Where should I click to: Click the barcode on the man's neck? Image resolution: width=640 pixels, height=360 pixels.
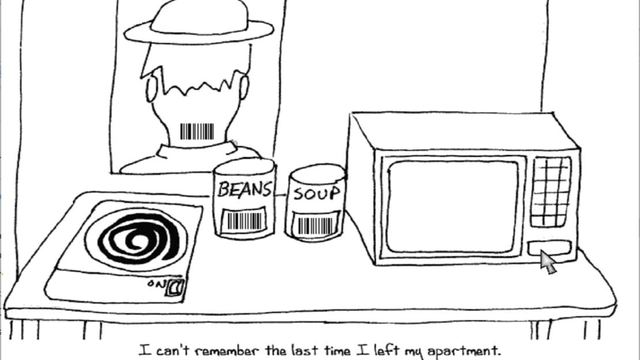point(197,132)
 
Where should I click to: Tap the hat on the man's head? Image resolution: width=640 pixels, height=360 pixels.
point(199,22)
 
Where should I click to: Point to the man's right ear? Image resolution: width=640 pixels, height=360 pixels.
point(244,87)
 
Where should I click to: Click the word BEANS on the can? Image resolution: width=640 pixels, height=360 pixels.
point(244,190)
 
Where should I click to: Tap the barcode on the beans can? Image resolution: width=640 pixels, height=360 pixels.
point(244,221)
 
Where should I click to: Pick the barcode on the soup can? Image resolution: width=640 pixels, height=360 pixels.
point(315,226)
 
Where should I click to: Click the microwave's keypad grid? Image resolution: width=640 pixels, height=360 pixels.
point(551,192)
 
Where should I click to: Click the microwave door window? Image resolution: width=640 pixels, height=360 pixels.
point(453,207)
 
